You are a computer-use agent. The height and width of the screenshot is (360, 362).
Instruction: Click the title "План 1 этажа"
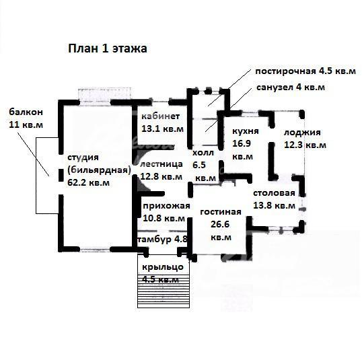pyautogui.click(x=108, y=48)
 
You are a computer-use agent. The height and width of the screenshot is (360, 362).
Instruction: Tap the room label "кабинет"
pyautogui.click(x=160, y=116)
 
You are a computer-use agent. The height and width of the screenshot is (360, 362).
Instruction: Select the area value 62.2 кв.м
pyautogui.click(x=88, y=182)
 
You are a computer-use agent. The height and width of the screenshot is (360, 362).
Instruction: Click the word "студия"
pyautogui.click(x=83, y=157)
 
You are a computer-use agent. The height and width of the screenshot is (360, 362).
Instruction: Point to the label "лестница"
pyautogui.click(x=161, y=164)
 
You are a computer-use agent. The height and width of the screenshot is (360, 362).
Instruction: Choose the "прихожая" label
pyautogui.click(x=166, y=206)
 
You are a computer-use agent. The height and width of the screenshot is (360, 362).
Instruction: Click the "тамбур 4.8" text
pyautogui.click(x=162, y=240)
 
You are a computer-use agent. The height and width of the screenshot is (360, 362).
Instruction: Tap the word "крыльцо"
pyautogui.click(x=163, y=267)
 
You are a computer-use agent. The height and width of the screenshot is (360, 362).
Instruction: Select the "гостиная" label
pyautogui.click(x=221, y=212)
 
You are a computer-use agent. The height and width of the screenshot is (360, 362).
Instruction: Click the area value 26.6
pyautogui.click(x=220, y=224)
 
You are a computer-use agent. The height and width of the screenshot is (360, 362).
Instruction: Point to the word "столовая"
pyautogui.click(x=274, y=193)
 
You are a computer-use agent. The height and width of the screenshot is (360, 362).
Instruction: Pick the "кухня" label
pyautogui.click(x=246, y=131)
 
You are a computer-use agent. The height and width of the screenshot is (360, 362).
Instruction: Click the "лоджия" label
pyautogui.click(x=302, y=133)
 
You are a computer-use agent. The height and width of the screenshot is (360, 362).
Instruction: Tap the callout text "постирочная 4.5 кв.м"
pyautogui.click(x=305, y=71)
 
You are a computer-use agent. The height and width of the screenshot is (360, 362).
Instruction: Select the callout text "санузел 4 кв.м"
pyautogui.click(x=291, y=87)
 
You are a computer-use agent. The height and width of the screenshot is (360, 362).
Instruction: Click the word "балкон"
pyautogui.click(x=26, y=112)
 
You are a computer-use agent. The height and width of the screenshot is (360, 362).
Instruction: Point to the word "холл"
pyautogui.click(x=203, y=153)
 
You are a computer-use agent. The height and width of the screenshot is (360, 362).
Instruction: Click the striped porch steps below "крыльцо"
pyautogui.click(x=164, y=291)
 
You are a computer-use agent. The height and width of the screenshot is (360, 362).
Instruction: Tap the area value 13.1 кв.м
pyautogui.click(x=162, y=129)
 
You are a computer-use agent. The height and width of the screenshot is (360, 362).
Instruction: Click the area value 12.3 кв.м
pyautogui.click(x=305, y=145)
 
